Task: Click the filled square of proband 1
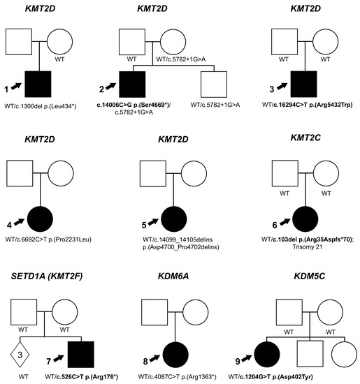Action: (x=38, y=84)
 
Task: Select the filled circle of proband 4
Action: (x=40, y=219)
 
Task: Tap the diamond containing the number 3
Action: (x=20, y=355)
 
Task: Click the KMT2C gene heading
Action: (x=305, y=138)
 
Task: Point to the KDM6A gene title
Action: (x=173, y=276)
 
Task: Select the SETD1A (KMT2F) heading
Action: (x=47, y=276)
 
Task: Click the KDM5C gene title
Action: (x=309, y=276)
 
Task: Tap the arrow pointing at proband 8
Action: (x=154, y=358)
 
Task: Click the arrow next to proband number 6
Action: (x=285, y=222)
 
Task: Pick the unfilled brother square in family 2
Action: (x=214, y=84)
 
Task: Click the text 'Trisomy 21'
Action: (x=308, y=247)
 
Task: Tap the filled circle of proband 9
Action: (x=267, y=355)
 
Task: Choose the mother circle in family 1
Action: (x=59, y=42)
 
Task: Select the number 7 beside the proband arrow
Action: (x=49, y=361)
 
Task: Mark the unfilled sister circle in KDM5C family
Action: (x=344, y=355)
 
